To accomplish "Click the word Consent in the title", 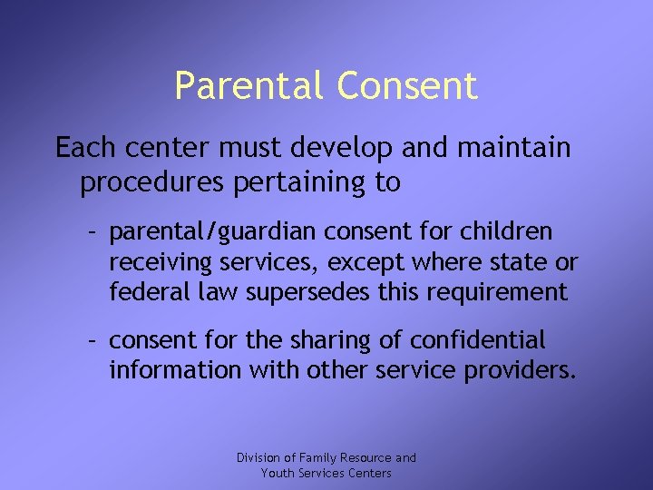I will coord(406,86).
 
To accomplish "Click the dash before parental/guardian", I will coord(92,233).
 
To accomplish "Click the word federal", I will coord(141,292).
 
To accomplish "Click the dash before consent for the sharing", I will coord(92,341).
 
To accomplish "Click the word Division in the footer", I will coord(259,457).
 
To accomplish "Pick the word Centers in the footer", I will coord(370,473).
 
